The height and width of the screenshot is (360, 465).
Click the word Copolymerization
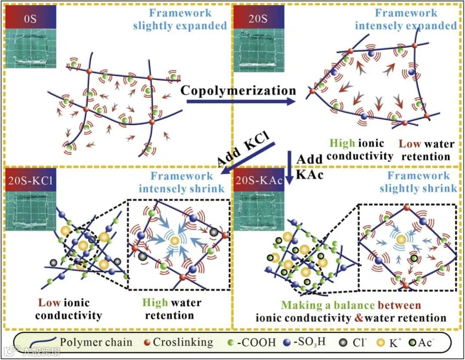(x=238, y=90)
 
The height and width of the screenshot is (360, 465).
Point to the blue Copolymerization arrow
(x=241, y=102)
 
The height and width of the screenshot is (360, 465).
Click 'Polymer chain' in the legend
(x=96, y=342)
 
